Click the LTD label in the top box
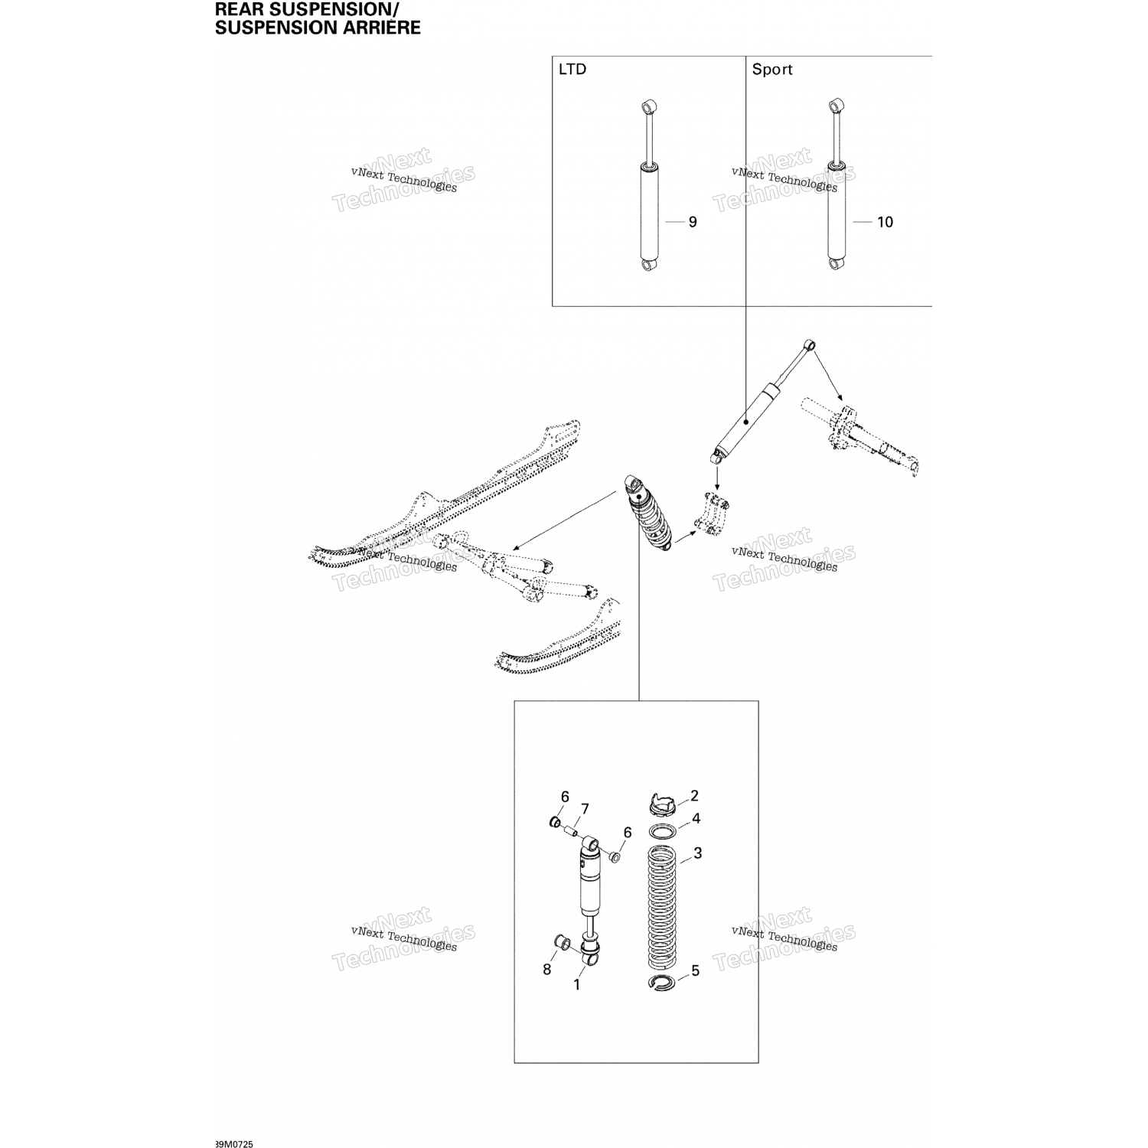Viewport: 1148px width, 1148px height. [x=572, y=70]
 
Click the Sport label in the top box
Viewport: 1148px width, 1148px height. [x=771, y=70]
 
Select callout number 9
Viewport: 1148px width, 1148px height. [x=693, y=222]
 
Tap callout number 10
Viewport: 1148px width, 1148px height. [x=885, y=222]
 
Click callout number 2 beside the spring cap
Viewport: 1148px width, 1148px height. [x=694, y=796]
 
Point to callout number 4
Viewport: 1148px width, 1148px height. [x=696, y=819]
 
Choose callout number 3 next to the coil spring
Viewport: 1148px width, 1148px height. [x=697, y=853]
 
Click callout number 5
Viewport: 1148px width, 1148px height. [x=695, y=970]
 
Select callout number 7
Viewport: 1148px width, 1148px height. [x=585, y=809]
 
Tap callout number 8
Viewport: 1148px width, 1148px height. [x=546, y=970]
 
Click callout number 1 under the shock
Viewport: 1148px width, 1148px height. [x=577, y=985]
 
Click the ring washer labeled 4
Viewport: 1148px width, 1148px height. [x=663, y=830]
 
